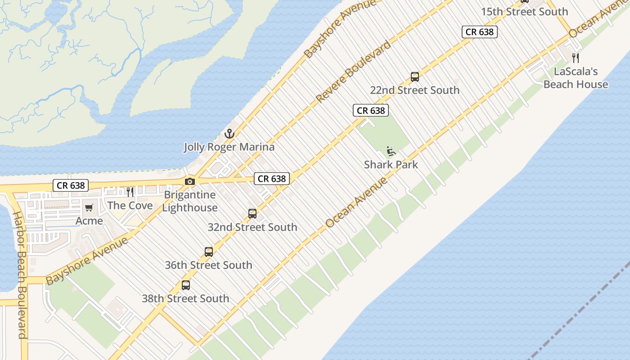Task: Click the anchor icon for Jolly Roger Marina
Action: coord(229,134)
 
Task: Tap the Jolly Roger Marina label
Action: coord(229,147)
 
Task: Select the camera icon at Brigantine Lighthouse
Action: coord(190,181)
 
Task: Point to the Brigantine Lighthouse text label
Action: coord(190,201)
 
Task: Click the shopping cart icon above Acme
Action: coord(89,208)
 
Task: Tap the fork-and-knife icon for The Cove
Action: coord(130,192)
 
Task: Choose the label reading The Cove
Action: coord(130,206)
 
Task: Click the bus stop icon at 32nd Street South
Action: coord(252,214)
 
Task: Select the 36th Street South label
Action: coord(208,265)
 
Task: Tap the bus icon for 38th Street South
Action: coord(185,285)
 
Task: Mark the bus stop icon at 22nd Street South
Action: coord(415,77)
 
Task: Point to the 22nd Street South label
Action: coord(415,90)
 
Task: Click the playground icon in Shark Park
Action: coord(391,151)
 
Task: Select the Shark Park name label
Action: coord(391,165)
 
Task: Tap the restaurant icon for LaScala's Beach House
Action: coord(576,58)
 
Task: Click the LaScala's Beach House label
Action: coord(576,78)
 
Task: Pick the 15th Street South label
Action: coord(525,12)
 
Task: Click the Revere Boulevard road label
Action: coord(353,72)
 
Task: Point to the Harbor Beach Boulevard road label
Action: coord(20,274)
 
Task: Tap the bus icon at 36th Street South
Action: coord(208,252)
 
